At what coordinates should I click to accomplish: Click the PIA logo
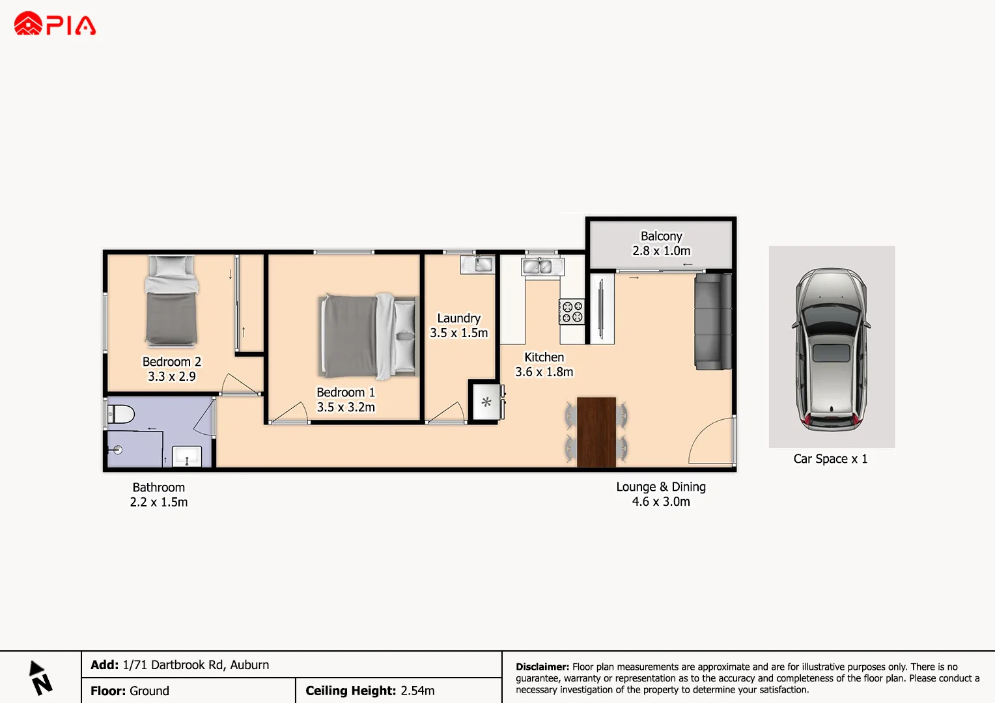point(55,24)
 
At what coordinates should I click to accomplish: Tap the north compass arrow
point(40,678)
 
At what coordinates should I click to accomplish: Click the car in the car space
point(831,349)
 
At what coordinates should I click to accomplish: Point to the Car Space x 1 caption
point(830,459)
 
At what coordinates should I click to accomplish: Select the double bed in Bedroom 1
point(369,336)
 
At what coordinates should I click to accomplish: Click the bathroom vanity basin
point(186,456)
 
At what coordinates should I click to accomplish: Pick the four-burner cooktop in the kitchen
point(572,312)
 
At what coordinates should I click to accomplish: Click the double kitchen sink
point(542,266)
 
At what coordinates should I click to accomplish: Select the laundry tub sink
point(478,264)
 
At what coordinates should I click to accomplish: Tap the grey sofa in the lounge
point(713,321)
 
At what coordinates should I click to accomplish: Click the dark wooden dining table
point(596,431)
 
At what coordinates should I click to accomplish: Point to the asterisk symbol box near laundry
point(486,402)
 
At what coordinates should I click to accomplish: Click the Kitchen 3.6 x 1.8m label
point(544,365)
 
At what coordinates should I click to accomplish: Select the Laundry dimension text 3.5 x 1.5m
point(458,333)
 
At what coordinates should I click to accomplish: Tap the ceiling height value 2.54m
point(417,691)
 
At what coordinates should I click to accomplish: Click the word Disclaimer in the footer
point(542,667)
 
